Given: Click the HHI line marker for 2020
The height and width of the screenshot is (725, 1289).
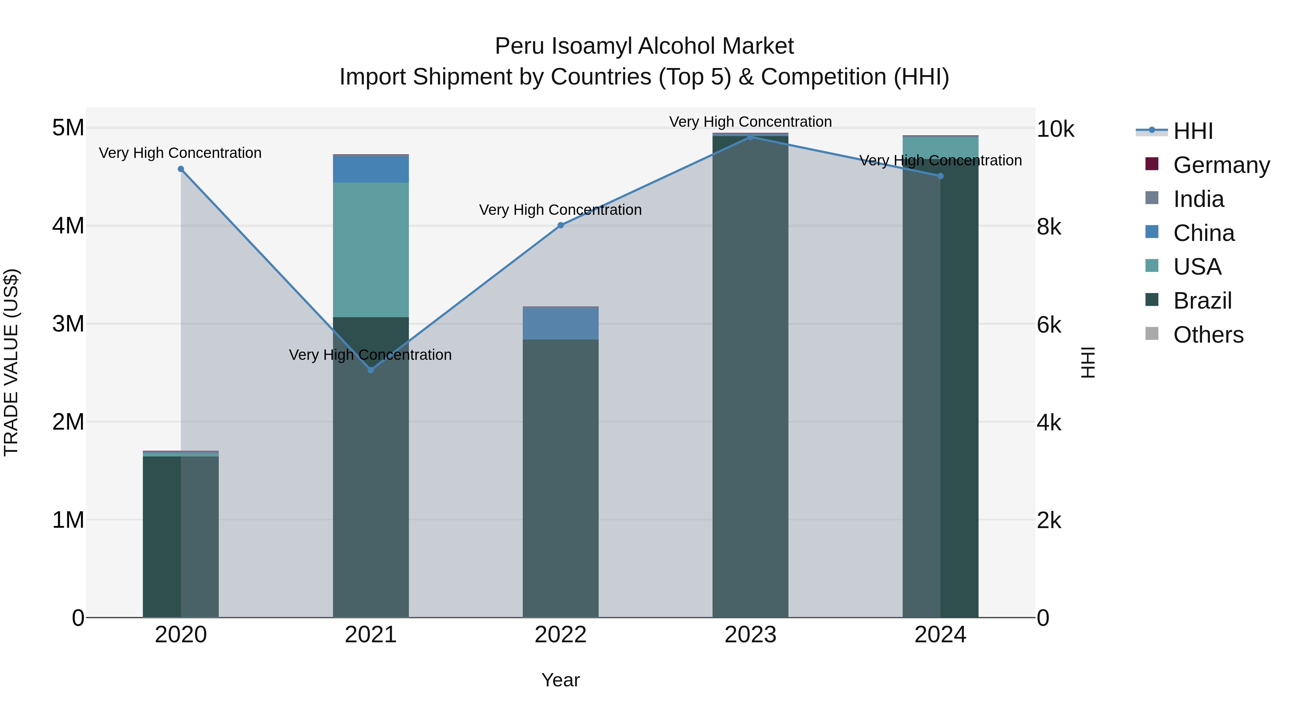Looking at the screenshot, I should click(x=181, y=169).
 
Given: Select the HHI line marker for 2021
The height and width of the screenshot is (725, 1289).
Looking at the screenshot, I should click(x=371, y=370).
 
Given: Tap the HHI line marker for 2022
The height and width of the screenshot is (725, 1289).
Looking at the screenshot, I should click(x=560, y=226).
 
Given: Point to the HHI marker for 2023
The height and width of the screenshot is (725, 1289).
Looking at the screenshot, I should click(x=750, y=137).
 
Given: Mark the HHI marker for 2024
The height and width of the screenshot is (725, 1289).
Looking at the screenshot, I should click(x=940, y=176).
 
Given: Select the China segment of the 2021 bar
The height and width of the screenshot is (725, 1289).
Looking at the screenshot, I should click(x=371, y=169).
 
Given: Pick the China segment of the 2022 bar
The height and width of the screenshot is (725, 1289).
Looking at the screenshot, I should click(x=560, y=323).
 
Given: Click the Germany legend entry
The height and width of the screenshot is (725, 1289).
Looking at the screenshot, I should click(x=1221, y=165).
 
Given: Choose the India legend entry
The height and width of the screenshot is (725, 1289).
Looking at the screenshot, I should click(x=1198, y=199).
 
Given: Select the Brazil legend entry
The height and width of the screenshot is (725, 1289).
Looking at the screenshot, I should click(x=1202, y=301).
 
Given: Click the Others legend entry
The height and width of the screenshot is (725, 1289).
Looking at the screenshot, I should click(x=1208, y=335).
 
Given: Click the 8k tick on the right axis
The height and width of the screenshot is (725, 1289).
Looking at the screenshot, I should click(x=1049, y=227).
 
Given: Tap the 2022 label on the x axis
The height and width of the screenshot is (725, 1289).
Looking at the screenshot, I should click(x=560, y=635).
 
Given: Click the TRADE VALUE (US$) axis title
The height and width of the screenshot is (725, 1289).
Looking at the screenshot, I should click(x=11, y=362).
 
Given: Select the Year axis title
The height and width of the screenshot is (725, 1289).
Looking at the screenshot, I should click(x=560, y=680).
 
